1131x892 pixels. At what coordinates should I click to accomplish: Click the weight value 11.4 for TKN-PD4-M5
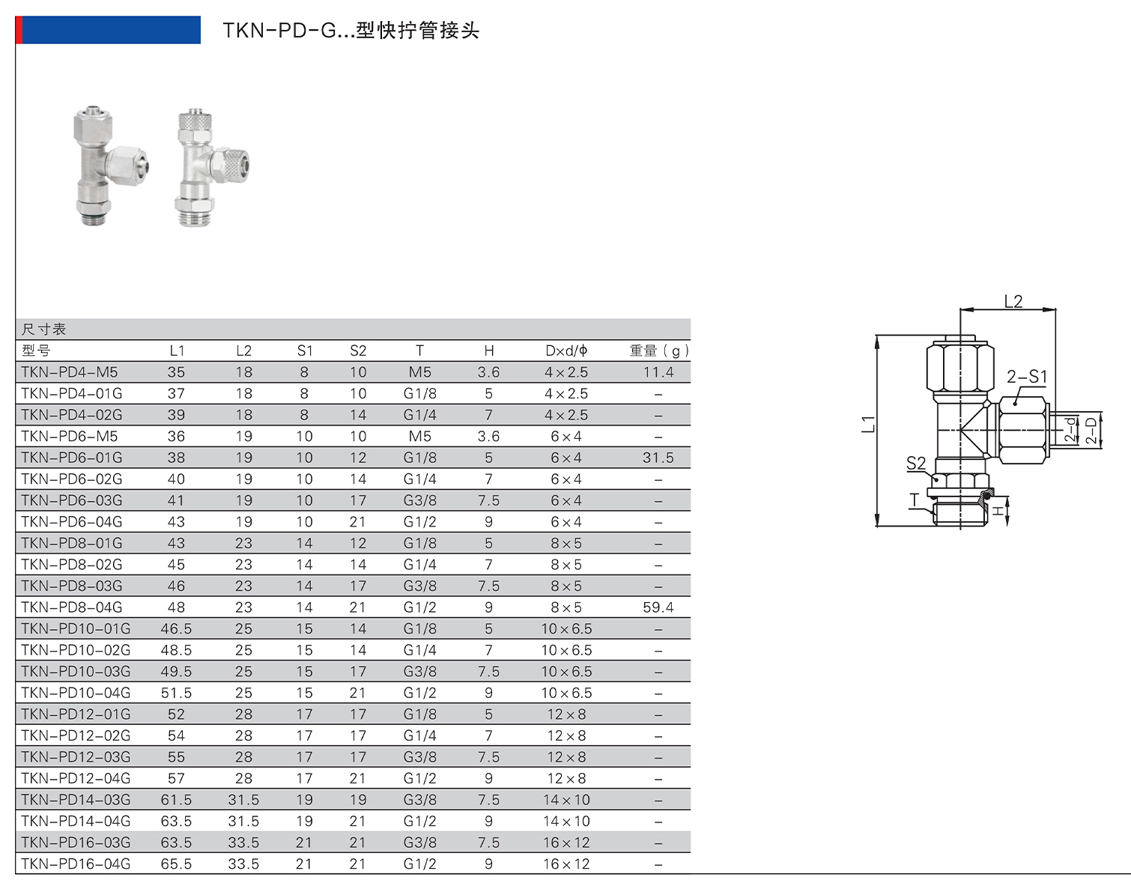[x=658, y=372]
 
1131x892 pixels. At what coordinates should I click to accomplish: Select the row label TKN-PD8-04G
[x=71, y=607]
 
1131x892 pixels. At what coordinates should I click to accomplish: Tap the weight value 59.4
[x=658, y=607]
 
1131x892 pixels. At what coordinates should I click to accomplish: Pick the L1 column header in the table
[x=177, y=351]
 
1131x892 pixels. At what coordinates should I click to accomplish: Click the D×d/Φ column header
[x=566, y=351]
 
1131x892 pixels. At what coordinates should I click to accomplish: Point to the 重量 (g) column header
[x=659, y=351]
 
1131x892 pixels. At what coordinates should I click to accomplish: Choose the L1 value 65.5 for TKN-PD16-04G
[x=177, y=864]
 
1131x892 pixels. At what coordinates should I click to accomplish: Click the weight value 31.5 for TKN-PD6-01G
[x=658, y=458]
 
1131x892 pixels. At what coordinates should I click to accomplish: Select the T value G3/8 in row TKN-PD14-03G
[x=420, y=799]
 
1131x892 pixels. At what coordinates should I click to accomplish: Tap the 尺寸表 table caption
[x=43, y=329]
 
